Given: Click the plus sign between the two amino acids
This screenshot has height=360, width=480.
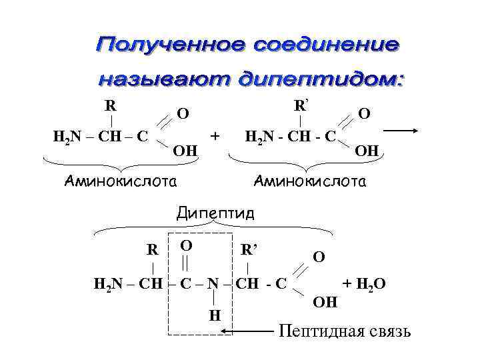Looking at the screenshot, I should [x=215, y=135].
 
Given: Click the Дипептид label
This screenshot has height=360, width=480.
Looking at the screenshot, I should [x=215, y=213].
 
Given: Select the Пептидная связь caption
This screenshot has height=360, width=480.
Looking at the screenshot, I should [x=344, y=331].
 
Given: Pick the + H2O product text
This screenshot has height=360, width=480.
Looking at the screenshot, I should [x=364, y=285].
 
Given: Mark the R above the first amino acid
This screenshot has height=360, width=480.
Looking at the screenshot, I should [x=111, y=105].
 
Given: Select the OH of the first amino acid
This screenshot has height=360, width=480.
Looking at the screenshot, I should [x=185, y=151].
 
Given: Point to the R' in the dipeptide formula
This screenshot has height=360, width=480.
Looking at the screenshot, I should [x=249, y=251].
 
